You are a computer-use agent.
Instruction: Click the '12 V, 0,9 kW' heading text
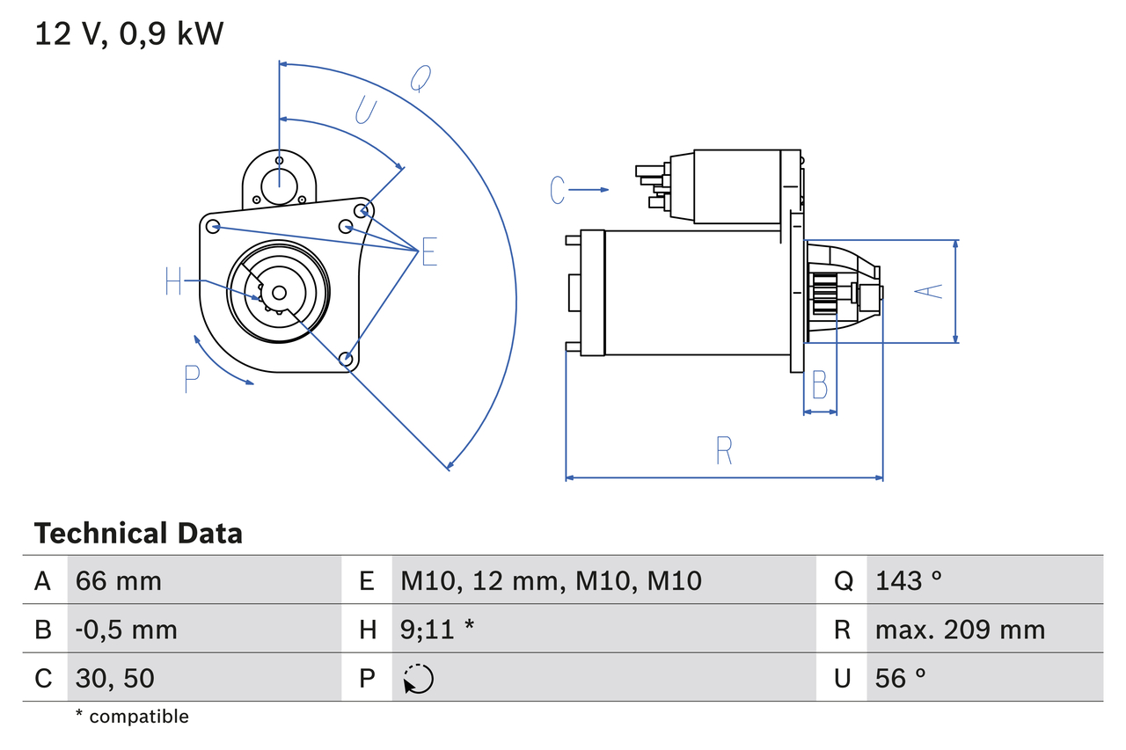point(129,34)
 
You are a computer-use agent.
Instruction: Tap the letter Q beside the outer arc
point(420,79)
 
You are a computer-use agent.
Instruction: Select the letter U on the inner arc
point(365,110)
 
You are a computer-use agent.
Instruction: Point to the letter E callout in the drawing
point(428,252)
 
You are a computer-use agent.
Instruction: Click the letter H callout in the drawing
point(173,282)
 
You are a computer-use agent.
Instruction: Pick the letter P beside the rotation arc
point(192,379)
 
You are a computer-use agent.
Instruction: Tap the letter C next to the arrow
point(557,190)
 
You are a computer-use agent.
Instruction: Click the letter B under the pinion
point(819,385)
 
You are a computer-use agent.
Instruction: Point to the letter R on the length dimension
point(723,450)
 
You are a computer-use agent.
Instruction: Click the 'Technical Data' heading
point(138,534)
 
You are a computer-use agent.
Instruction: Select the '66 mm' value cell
point(119,580)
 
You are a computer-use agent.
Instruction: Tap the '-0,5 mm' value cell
point(126,630)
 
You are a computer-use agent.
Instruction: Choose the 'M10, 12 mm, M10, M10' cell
point(551,580)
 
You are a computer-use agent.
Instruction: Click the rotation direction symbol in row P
point(418,679)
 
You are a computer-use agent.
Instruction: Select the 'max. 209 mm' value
point(960,630)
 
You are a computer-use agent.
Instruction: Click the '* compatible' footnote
point(132,717)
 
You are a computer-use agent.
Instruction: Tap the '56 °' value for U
point(901,678)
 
